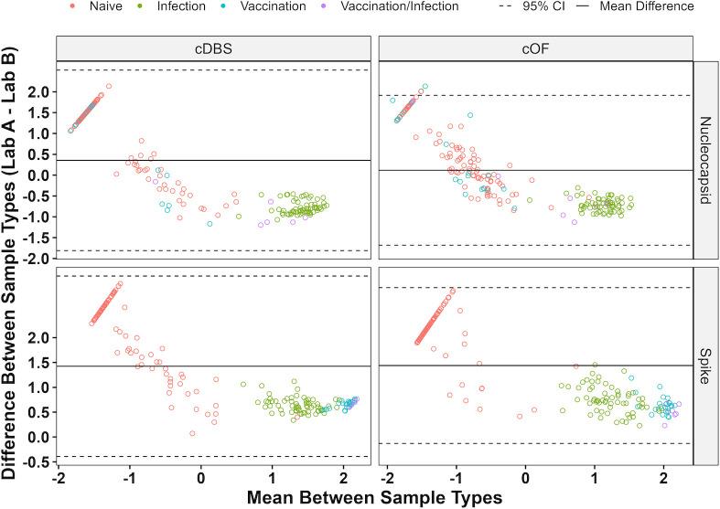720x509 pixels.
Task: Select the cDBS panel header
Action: (x=213, y=48)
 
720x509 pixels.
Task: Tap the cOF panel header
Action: (x=534, y=48)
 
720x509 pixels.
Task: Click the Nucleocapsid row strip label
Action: (x=705, y=161)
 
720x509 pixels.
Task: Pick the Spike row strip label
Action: (x=705, y=366)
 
